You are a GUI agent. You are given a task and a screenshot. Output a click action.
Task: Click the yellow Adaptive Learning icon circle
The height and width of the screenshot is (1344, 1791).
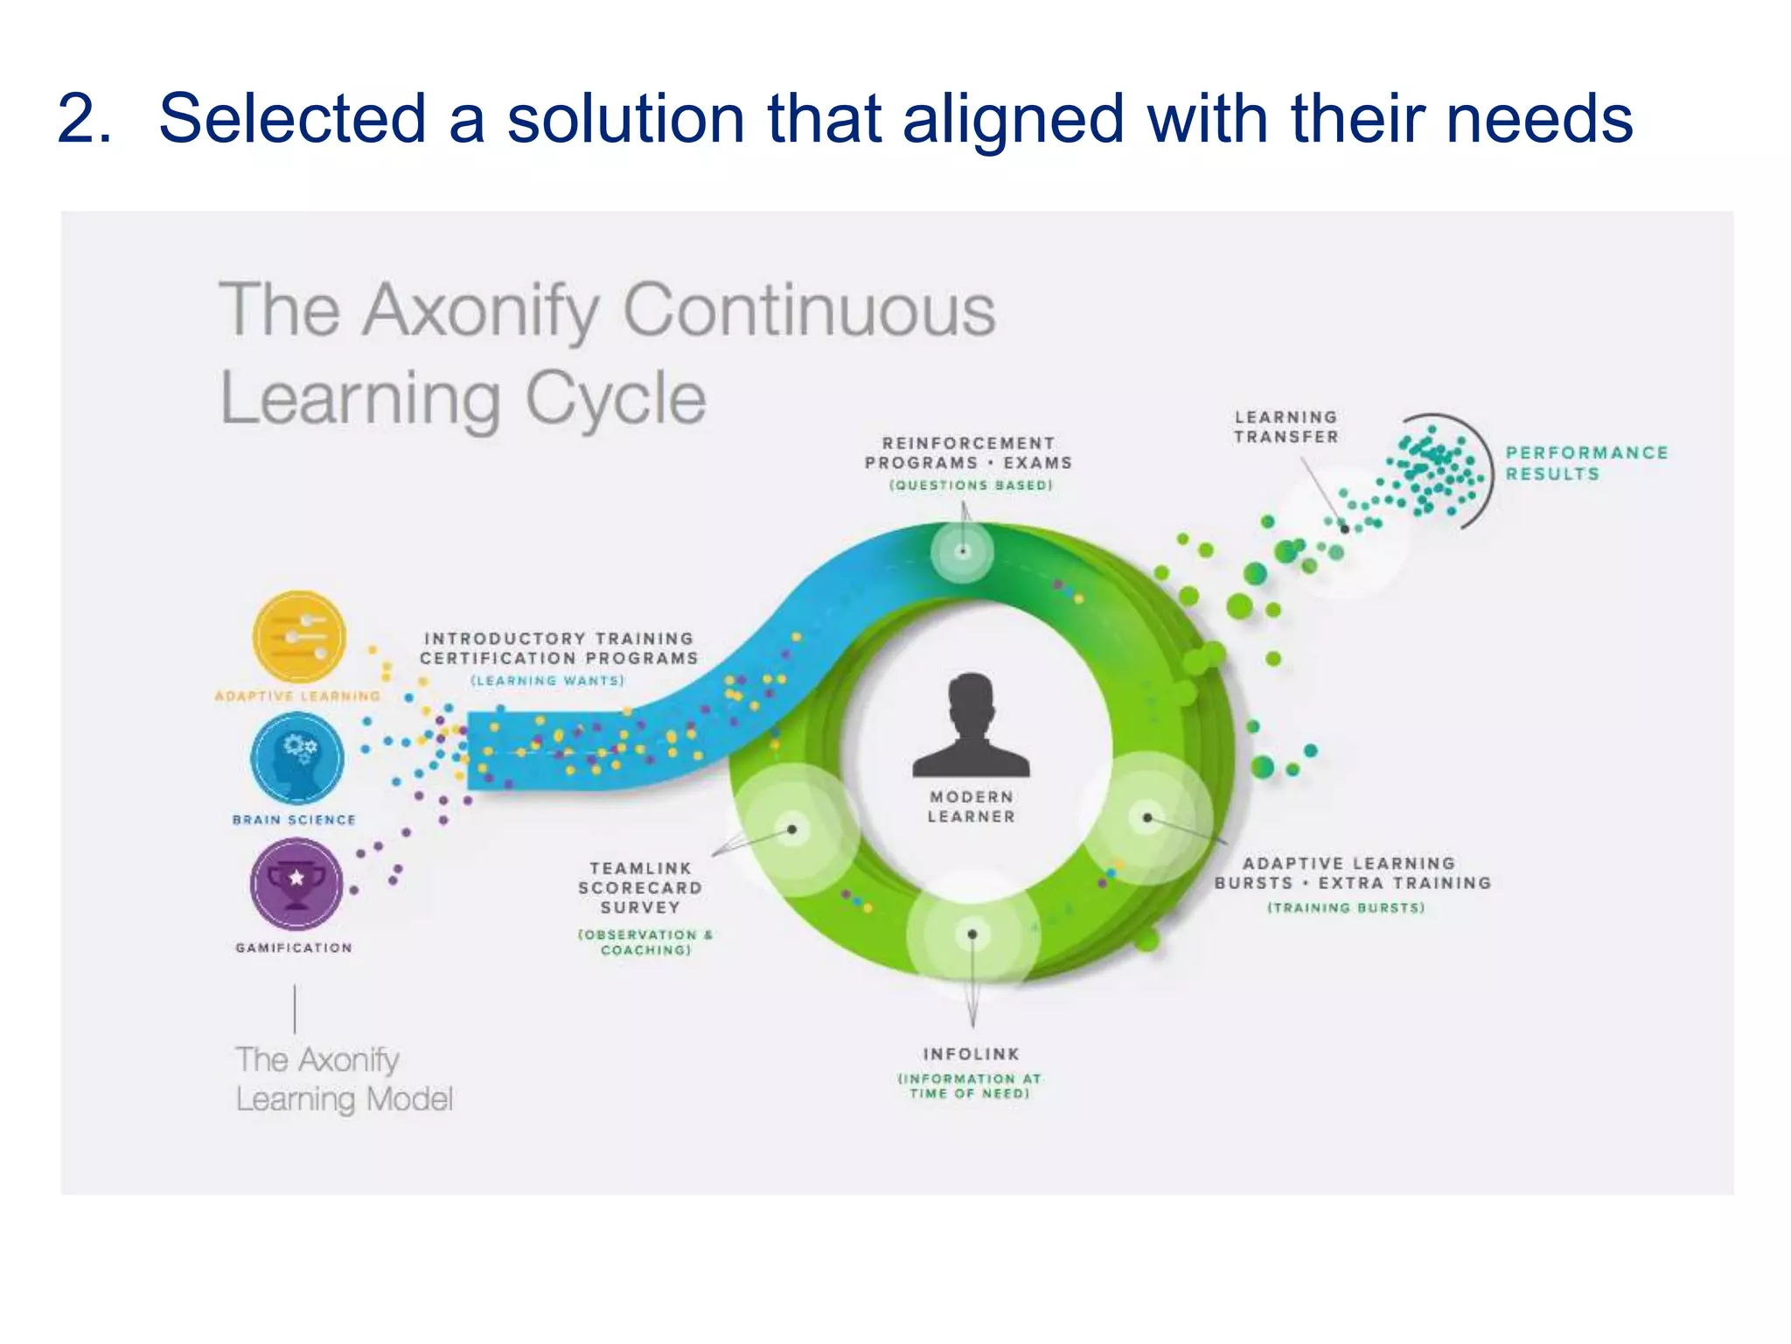pyautogui.click(x=298, y=636)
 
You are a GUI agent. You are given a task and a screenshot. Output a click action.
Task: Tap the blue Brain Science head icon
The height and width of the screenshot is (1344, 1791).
pyautogui.click(x=297, y=758)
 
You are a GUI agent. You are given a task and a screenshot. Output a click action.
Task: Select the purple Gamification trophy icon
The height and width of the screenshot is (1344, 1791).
pyautogui.click(x=296, y=883)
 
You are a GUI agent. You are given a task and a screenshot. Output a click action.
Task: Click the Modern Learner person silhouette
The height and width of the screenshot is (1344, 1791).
pyautogui.click(x=971, y=726)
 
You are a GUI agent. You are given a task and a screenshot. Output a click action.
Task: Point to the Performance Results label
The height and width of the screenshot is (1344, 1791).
pyautogui.click(x=1585, y=463)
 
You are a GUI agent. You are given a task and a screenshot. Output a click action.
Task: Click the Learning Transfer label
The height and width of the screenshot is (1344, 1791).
pyautogui.click(x=1286, y=427)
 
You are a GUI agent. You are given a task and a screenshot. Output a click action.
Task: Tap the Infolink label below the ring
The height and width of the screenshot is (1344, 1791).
pyautogui.click(x=971, y=1054)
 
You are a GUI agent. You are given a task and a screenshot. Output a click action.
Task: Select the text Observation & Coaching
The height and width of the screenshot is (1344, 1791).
pyautogui.click(x=645, y=942)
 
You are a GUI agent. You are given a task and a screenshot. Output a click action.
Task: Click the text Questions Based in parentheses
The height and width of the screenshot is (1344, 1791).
pyautogui.click(x=971, y=485)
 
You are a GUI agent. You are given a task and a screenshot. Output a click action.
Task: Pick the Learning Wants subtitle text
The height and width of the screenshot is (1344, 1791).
pyautogui.click(x=547, y=681)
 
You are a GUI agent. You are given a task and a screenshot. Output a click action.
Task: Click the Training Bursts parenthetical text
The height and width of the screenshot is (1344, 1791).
pyautogui.click(x=1346, y=908)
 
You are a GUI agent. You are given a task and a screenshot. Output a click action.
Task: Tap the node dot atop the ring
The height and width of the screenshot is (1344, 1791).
pyautogui.click(x=962, y=551)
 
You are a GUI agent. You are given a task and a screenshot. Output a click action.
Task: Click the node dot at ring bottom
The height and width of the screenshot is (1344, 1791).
pyautogui.click(x=972, y=934)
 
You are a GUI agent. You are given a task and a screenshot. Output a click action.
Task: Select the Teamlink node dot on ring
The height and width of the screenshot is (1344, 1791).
pyautogui.click(x=792, y=829)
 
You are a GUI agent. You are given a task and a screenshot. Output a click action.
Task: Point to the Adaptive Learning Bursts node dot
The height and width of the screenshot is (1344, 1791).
pyautogui.click(x=1147, y=818)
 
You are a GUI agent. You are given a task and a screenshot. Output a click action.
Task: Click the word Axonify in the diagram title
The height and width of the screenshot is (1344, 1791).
pyautogui.click(x=481, y=310)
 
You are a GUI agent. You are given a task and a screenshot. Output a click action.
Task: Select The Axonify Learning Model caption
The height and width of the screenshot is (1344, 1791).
pyautogui.click(x=343, y=1079)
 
